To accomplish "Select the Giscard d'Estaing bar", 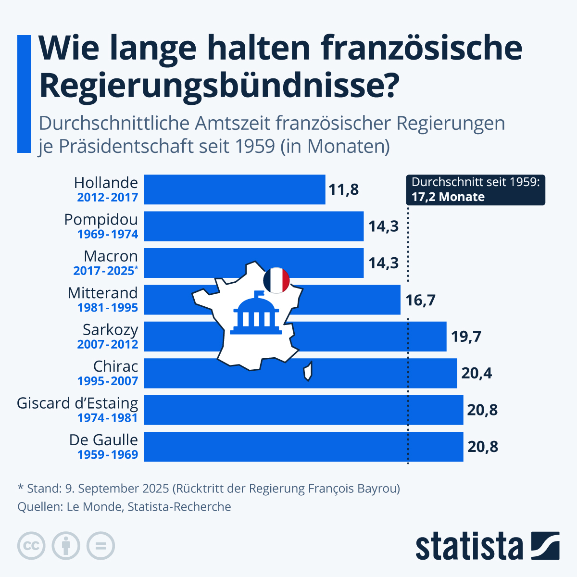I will (x=303, y=410).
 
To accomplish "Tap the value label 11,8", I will (x=343, y=189).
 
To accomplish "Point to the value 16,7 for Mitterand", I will (x=420, y=300).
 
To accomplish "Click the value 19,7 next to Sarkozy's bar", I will (x=466, y=337).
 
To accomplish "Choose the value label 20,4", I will (x=477, y=373).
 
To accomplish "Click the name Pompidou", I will (x=101, y=220).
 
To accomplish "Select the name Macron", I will (x=111, y=256).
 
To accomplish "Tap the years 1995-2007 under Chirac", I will (x=108, y=381).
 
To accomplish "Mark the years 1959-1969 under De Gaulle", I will (x=108, y=455).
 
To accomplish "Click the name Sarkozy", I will (x=110, y=330).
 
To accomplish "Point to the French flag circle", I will (x=276, y=280).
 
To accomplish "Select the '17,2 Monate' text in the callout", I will (x=448, y=197).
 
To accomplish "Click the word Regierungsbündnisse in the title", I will (x=219, y=85).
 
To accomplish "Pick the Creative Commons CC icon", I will (x=31, y=546).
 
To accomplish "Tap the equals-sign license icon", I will (x=100, y=546).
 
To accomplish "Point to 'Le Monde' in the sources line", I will (x=94, y=507).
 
